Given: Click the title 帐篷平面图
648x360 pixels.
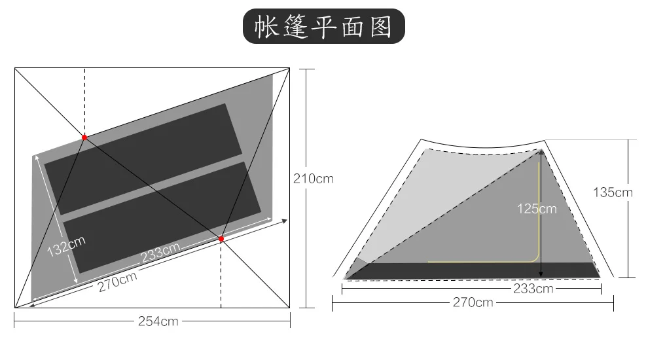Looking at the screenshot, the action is coord(324,27).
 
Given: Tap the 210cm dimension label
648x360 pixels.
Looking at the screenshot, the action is coord(313,179).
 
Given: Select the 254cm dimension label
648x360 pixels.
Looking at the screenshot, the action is coord(158,321).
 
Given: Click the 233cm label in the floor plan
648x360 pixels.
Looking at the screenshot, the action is coord(160,251).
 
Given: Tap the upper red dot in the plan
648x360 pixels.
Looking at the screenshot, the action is coord(84,137).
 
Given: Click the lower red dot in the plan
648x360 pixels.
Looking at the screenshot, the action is coord(221,239).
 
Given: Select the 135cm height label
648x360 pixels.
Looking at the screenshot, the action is coord(613,192).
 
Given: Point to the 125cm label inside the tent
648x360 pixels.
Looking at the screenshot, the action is coord(536,209).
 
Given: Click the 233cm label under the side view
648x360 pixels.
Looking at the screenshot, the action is coord(533,289).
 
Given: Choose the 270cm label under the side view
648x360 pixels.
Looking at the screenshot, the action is coord(473,302).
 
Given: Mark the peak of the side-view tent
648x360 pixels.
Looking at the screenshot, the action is coord(542,150).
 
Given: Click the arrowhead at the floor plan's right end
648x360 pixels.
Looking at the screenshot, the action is coord(283,221).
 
